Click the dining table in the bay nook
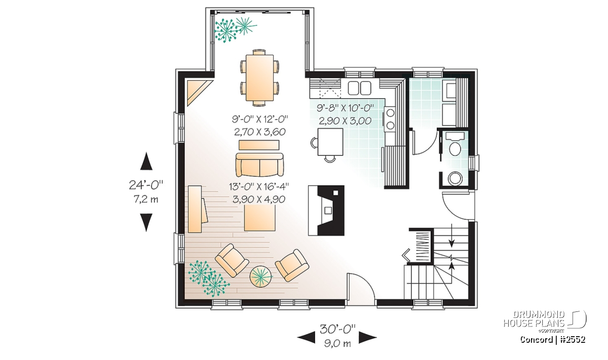[259, 77]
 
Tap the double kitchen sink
[359, 88]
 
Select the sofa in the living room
[259, 165]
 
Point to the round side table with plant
[261, 277]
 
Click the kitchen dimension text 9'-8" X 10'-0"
[345, 108]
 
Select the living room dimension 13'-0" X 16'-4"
[259, 187]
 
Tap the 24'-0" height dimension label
[146, 185]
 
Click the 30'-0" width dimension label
[337, 329]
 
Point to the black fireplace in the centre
[326, 210]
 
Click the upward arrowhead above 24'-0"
[146, 161]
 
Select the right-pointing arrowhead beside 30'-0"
[368, 338]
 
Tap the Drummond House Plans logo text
[534, 319]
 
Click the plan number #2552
[573, 340]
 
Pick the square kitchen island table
[330, 142]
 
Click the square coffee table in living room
[260, 218]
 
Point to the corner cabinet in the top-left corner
[197, 92]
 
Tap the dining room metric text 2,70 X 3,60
[260, 132]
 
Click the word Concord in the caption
[536, 340]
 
